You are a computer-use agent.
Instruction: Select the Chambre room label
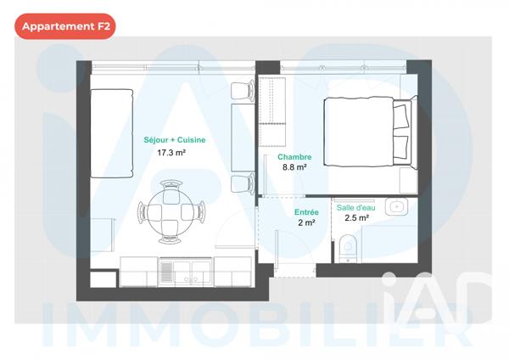294,156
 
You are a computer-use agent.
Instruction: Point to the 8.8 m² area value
294,167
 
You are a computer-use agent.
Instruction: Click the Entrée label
306,212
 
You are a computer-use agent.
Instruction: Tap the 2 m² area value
306,223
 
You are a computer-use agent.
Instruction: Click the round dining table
173,211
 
